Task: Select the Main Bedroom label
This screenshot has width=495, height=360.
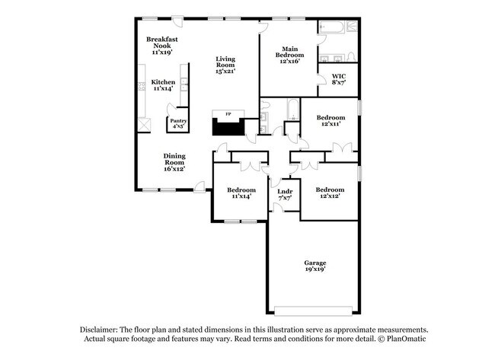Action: tap(289, 53)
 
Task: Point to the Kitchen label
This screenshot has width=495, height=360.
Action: tap(163, 82)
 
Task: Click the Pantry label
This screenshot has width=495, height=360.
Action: tap(178, 120)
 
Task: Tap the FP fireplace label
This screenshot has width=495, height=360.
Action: tap(226, 115)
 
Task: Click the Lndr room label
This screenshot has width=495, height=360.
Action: tap(285, 191)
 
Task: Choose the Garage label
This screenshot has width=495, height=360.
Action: tap(315, 263)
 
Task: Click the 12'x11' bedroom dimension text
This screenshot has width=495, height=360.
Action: tap(331, 124)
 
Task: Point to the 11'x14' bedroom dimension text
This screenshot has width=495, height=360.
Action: tap(241, 196)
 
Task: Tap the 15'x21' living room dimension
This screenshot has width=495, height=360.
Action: tap(225, 71)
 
